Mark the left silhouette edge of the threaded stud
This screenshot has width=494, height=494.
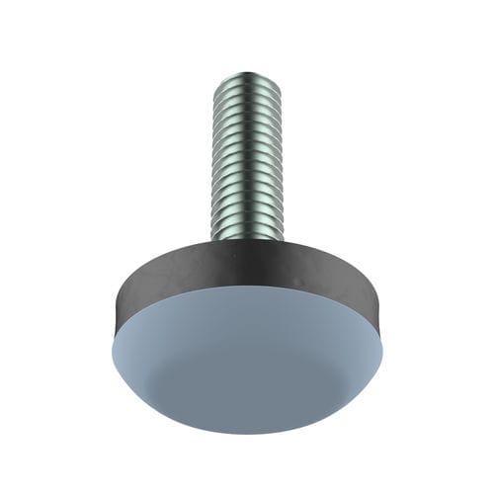[210, 158]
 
